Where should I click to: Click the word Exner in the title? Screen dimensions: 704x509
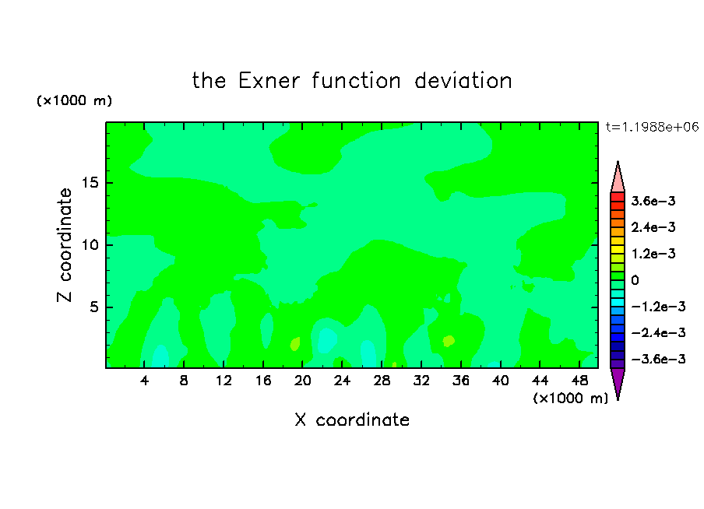click(x=269, y=81)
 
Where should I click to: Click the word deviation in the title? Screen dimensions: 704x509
click(x=463, y=81)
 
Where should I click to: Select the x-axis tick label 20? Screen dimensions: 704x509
click(x=303, y=381)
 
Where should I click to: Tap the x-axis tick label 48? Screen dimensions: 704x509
click(x=579, y=381)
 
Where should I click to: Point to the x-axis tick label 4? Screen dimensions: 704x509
click(x=144, y=381)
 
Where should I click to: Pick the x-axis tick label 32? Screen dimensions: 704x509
click(x=421, y=381)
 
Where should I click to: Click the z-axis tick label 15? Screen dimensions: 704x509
click(x=90, y=183)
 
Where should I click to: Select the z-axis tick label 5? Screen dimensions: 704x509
click(x=94, y=307)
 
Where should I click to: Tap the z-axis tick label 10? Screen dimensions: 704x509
click(x=90, y=245)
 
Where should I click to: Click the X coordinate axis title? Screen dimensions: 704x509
click(x=352, y=419)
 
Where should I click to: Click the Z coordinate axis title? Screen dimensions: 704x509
click(x=65, y=245)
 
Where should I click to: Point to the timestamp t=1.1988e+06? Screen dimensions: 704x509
click(x=652, y=127)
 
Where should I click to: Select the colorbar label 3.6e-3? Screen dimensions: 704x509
click(x=653, y=201)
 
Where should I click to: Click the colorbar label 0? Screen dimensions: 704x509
click(x=635, y=280)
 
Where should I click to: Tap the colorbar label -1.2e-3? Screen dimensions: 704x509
click(x=658, y=307)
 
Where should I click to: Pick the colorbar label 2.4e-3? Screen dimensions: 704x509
click(x=653, y=227)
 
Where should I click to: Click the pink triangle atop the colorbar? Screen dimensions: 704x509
click(x=618, y=180)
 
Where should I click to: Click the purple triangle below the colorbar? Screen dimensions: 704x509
click(x=618, y=381)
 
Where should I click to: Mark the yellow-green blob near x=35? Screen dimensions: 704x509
click(x=449, y=341)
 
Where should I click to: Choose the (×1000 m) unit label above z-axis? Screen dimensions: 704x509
click(x=74, y=100)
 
